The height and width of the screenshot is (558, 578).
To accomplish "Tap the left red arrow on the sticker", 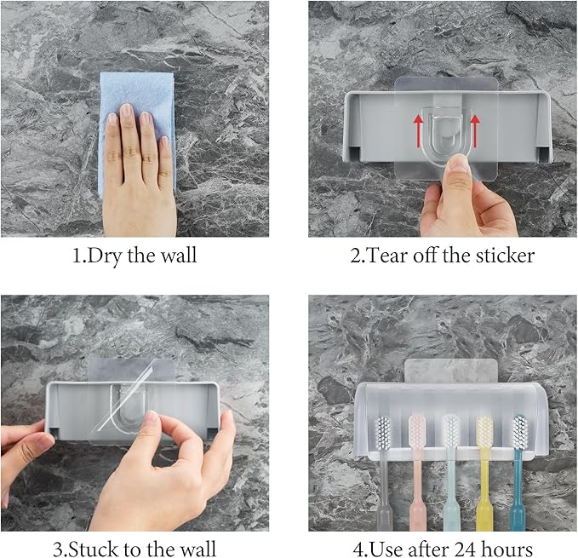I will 418,128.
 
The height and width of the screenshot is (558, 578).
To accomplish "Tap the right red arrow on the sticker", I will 474,128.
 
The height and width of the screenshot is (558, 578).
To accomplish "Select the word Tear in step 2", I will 386,255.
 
